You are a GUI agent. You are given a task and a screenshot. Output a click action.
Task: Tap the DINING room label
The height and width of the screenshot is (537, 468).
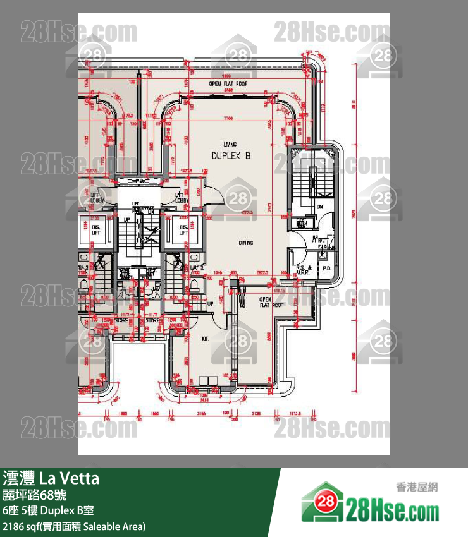coord(246,243)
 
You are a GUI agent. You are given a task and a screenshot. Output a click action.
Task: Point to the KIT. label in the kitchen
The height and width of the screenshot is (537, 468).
coord(205,339)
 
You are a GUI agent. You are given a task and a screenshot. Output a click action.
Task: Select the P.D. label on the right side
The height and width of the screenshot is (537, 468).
coord(327,268)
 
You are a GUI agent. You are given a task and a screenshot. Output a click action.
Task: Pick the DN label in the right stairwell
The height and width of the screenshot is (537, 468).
coord(320,206)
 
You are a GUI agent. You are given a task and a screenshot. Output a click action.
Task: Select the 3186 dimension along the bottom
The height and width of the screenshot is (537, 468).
coord(201,414)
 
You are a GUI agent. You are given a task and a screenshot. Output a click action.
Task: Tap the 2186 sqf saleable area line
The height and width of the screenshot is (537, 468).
coord(75,526)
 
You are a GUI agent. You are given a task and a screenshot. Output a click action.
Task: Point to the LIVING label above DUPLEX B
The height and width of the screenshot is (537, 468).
coord(230,144)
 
